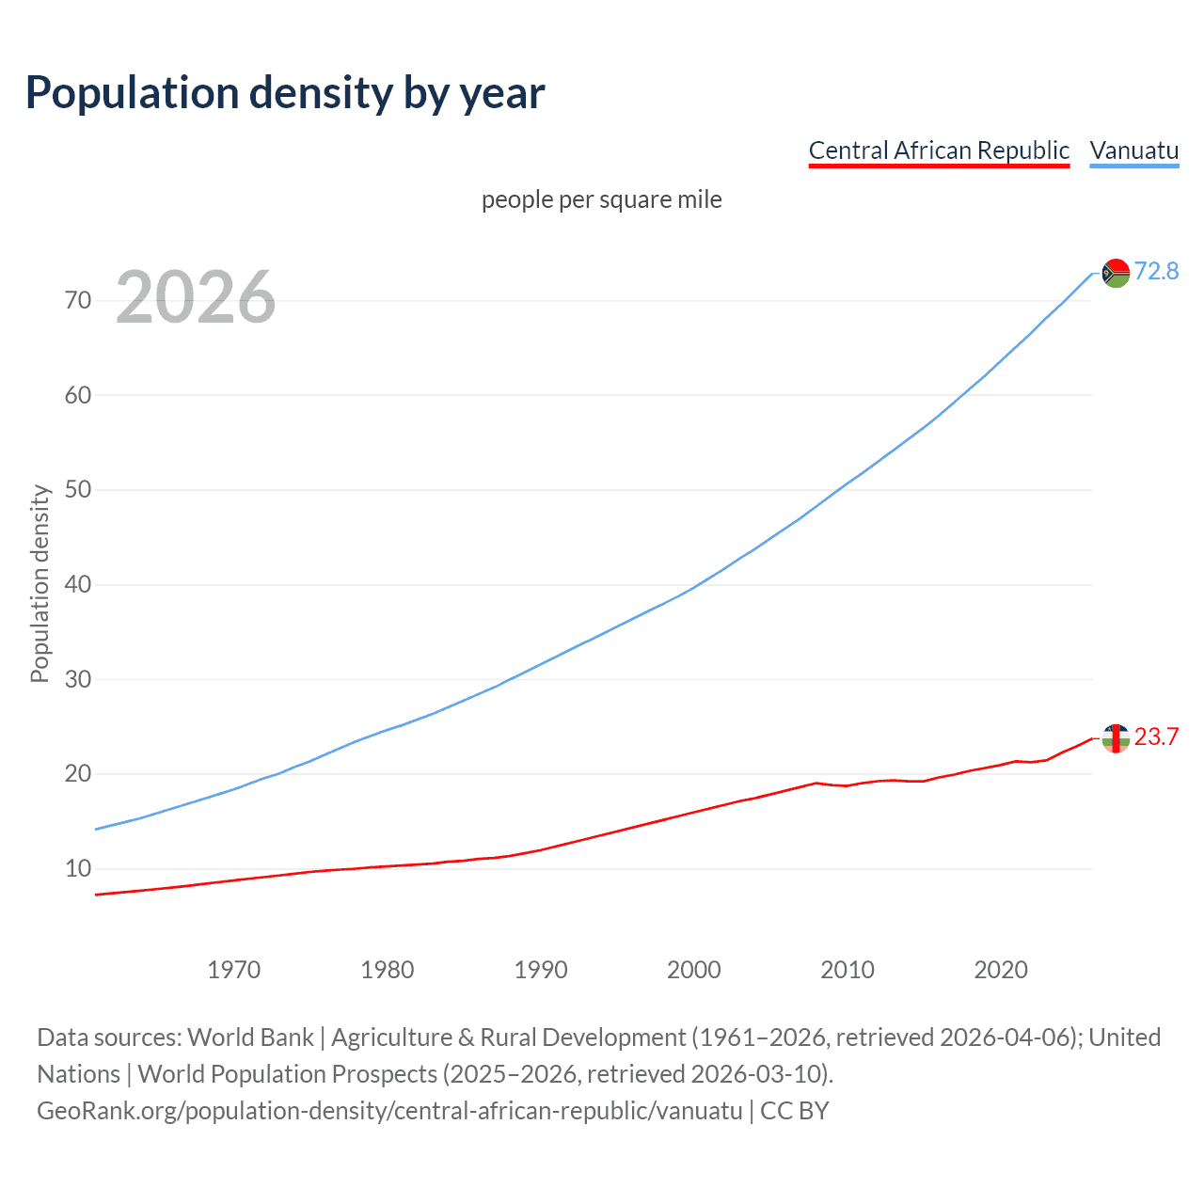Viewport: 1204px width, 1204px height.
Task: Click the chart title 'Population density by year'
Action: point(285,93)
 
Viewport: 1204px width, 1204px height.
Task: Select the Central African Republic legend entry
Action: point(939,150)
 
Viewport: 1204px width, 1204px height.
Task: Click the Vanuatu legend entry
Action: point(1133,150)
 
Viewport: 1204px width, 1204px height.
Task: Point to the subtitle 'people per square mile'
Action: point(601,199)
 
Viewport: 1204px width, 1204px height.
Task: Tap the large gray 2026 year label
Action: point(196,297)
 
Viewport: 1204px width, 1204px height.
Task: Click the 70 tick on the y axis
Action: point(78,300)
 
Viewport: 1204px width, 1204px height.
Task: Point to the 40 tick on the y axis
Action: point(78,584)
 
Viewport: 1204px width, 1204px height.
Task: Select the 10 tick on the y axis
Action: point(78,868)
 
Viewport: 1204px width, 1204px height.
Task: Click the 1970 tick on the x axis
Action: point(233,970)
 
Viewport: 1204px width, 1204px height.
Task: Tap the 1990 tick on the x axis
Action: point(540,970)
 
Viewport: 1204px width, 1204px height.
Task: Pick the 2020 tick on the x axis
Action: point(1000,970)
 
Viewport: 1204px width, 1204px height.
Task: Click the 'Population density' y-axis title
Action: point(40,583)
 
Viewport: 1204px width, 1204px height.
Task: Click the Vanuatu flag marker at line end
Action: point(1116,273)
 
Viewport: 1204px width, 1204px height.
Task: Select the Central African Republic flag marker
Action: point(1116,738)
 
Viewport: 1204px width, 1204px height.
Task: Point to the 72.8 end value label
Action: point(1156,271)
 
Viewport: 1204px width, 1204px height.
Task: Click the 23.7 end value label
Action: point(1156,737)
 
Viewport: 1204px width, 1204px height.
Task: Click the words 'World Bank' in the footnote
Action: point(250,1037)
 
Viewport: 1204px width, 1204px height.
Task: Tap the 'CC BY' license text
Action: point(795,1110)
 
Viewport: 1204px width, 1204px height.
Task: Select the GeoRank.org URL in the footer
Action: point(389,1110)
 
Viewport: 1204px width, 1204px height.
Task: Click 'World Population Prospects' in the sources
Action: point(288,1073)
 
